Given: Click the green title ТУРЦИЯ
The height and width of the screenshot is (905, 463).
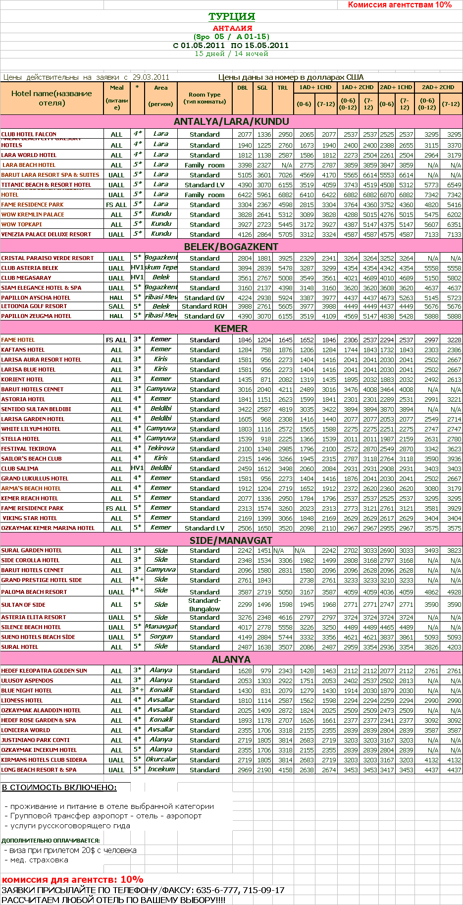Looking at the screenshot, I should click(x=231, y=16).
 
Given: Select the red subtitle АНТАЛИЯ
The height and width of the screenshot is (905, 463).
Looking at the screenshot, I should click(x=232, y=28).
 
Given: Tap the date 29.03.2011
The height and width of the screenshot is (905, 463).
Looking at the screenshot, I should click(x=151, y=77).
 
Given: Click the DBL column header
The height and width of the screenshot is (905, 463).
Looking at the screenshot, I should click(x=243, y=88).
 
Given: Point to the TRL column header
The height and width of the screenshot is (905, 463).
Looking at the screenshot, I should click(x=283, y=88).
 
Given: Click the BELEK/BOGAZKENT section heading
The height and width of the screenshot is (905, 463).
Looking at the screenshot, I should click(x=231, y=247).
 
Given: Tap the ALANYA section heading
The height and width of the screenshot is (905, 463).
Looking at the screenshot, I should click(x=231, y=659).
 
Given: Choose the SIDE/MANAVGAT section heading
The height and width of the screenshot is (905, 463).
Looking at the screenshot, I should click(x=231, y=540).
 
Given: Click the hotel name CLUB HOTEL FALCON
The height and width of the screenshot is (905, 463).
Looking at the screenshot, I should click(x=29, y=134).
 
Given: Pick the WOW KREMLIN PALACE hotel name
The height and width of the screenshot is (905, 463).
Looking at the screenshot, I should click(x=33, y=214).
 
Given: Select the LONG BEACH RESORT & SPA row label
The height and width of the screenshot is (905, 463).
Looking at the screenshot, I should click(x=39, y=770).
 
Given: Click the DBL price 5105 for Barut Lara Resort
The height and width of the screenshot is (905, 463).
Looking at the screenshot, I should click(x=245, y=175).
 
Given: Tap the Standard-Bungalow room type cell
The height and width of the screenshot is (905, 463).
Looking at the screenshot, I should click(x=205, y=605).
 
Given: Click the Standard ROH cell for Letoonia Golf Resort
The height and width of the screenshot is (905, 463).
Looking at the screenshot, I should click(x=205, y=306).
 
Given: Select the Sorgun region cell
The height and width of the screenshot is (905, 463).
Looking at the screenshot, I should click(x=161, y=637).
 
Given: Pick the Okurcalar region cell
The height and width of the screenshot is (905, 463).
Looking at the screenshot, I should click(x=161, y=759).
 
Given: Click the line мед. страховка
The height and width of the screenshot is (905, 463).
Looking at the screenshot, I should click(x=39, y=860).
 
